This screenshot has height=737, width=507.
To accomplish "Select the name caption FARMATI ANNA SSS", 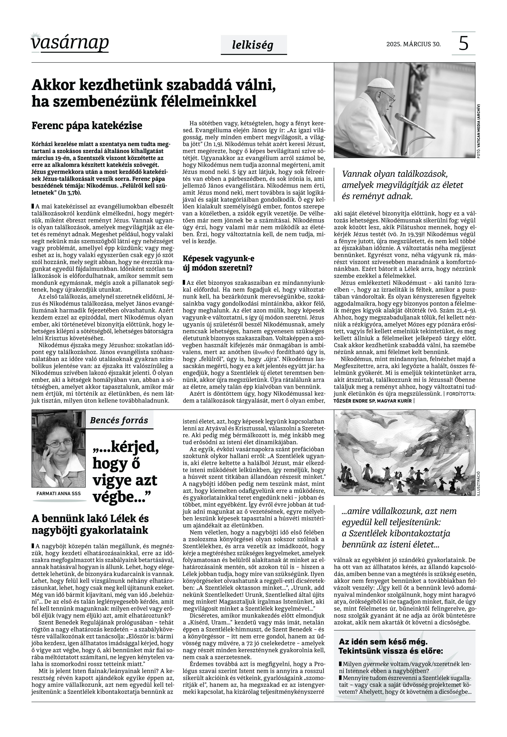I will (59, 493).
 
